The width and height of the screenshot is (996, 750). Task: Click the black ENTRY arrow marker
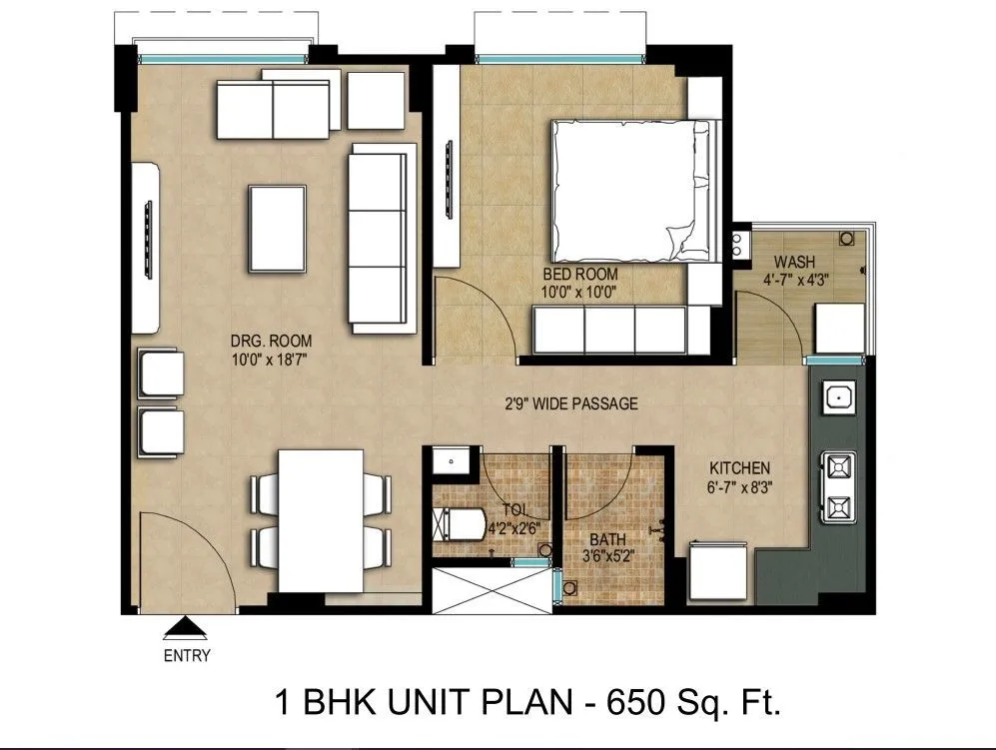184,628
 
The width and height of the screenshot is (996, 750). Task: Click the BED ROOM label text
579,274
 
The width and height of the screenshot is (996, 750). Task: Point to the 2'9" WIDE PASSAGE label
570,404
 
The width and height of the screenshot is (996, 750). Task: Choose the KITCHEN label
739,468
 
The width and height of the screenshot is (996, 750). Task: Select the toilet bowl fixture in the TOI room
459,523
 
